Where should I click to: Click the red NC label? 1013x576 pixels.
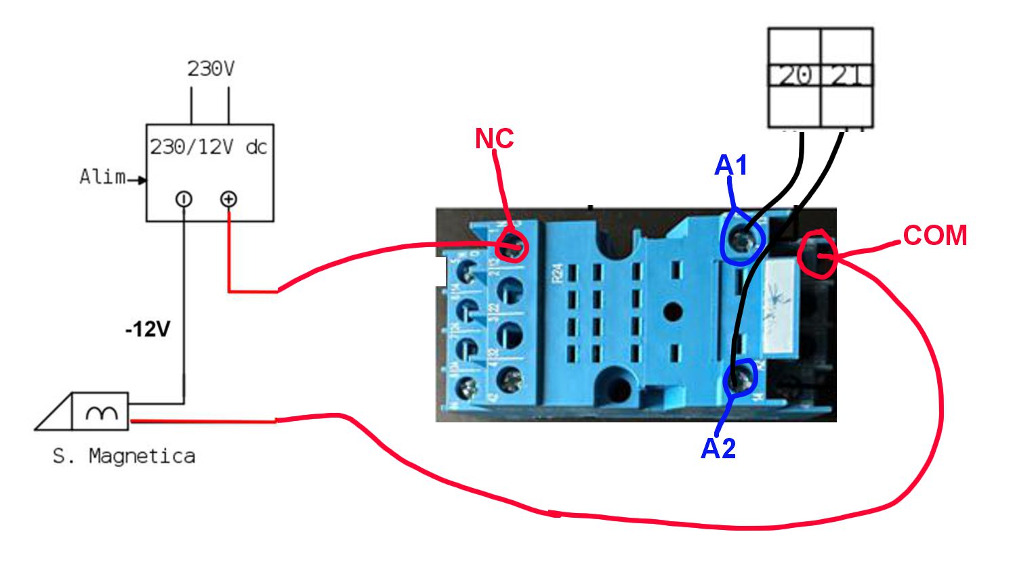pos(494,138)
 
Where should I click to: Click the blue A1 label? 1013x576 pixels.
pos(730,165)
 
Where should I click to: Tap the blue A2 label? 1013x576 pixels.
pos(718,448)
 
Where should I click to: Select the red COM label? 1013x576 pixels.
pos(934,236)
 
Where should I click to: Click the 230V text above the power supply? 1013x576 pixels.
pos(211,68)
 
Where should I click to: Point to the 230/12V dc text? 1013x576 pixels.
pos(209,147)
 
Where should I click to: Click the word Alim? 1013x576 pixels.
pos(102,177)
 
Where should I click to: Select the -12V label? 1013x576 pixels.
pos(148,330)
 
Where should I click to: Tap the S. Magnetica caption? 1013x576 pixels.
pos(124,456)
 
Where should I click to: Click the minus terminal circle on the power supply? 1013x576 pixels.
pos(184,199)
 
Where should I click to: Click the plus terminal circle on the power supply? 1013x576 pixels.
pos(229,199)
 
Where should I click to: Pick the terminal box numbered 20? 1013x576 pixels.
pos(794,76)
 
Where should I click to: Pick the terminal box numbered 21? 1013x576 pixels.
pos(846,76)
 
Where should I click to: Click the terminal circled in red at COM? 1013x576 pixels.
pos(819,254)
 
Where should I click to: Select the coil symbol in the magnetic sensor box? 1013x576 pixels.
pos(101,412)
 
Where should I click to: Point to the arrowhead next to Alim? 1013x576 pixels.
pos(142,180)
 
